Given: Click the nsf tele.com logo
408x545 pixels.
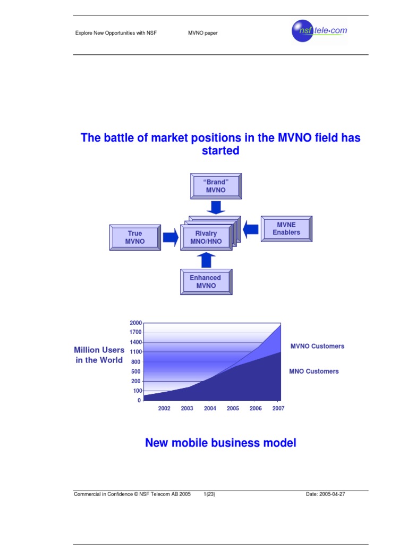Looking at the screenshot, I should click(319, 31).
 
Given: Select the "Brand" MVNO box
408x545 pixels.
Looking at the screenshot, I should click(216, 186).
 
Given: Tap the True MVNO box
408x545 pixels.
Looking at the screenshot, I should click(135, 237).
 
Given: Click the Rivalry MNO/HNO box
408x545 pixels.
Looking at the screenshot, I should click(206, 237).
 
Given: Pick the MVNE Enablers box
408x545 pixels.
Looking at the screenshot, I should click(286, 229).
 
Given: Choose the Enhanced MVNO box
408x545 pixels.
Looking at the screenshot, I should click(206, 282).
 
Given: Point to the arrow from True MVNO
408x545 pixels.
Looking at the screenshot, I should click(170, 237).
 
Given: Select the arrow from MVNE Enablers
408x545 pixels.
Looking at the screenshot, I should click(251, 229).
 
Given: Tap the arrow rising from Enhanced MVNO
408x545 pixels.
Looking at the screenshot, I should click(206, 260).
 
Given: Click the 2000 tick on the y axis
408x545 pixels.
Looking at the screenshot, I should click(135, 323).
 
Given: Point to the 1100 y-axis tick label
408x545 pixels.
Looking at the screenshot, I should click(135, 352).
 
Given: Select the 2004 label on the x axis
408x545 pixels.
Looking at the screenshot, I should click(210, 409).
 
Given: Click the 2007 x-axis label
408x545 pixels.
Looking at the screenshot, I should click(277, 409).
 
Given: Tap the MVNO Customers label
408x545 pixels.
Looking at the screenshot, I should click(317, 346).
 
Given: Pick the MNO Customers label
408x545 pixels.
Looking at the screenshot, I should click(313, 371).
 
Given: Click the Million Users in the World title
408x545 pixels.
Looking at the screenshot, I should click(99, 355).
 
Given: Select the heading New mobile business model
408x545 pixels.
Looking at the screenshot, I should click(220, 443).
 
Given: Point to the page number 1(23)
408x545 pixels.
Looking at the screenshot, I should click(209, 494).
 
